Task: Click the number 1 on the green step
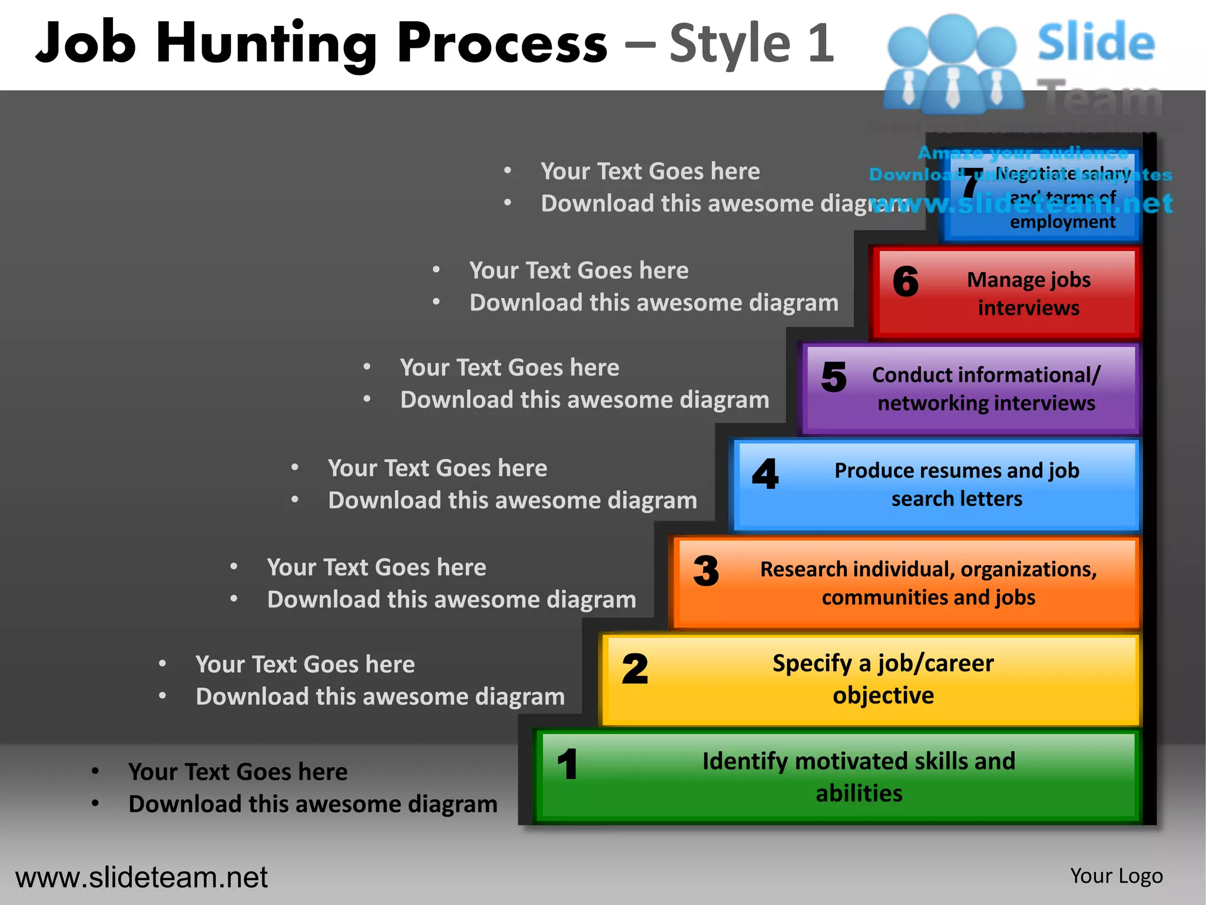point(568,764)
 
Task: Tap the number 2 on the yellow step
point(635,669)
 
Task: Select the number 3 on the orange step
point(706,571)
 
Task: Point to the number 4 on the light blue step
point(765,474)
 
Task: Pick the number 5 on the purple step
point(834,377)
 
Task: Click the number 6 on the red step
point(905,281)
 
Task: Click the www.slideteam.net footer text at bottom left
point(141,877)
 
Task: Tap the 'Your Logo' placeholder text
point(1116,876)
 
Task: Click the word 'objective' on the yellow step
point(883,696)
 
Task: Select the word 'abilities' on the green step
point(859,794)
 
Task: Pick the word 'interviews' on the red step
point(1028,308)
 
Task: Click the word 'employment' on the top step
point(1062,222)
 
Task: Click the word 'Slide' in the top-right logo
point(1096,42)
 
